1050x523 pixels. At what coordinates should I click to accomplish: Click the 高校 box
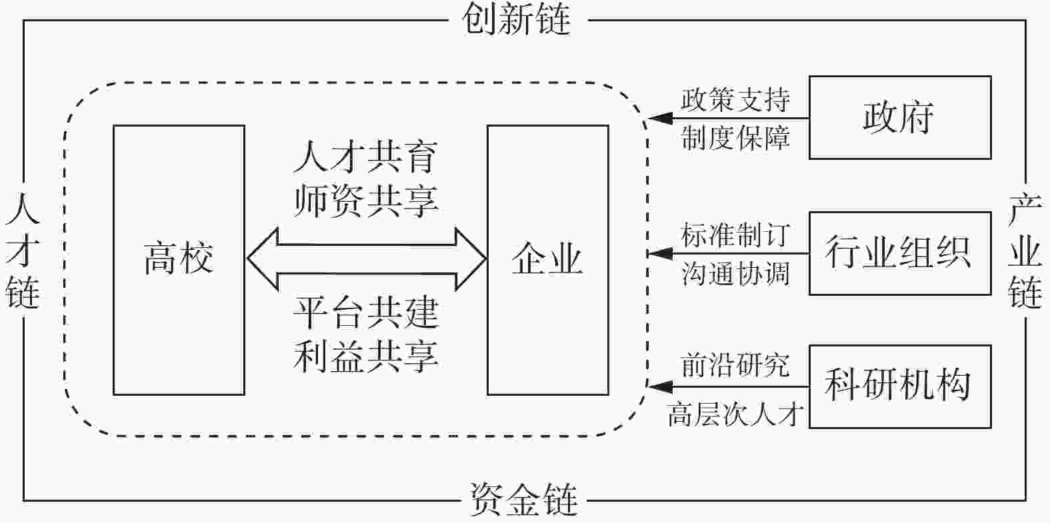coord(179,260)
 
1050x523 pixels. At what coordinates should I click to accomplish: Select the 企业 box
coord(547,260)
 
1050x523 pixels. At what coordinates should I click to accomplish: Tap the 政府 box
coord(899,118)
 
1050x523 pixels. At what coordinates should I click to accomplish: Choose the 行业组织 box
coord(899,253)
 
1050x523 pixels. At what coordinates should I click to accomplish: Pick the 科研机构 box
coord(899,386)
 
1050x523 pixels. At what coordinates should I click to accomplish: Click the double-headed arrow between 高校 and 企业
coord(367,259)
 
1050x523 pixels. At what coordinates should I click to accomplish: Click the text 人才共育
coord(365,158)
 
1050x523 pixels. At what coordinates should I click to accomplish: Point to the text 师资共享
coord(365,199)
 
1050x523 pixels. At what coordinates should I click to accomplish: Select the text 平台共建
coord(365,313)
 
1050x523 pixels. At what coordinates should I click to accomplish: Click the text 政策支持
coord(735,101)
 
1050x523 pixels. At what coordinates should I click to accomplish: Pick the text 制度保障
coord(735,139)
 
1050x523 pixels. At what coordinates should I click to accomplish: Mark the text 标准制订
coord(735,235)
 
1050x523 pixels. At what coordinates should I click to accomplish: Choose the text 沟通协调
coord(735,274)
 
